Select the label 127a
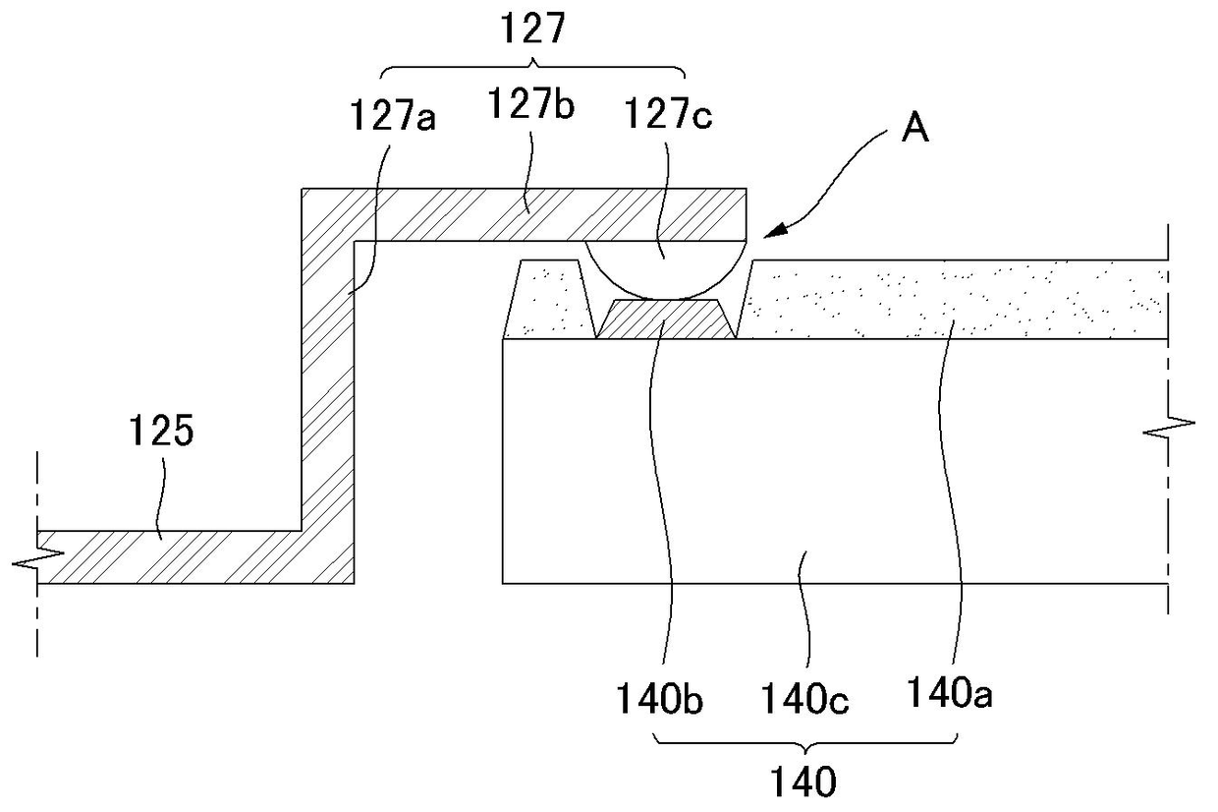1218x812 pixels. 393,119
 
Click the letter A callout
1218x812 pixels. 914,128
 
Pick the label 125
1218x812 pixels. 162,432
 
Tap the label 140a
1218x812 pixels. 949,696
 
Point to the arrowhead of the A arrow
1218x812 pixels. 772,231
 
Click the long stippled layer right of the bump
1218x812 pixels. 953,299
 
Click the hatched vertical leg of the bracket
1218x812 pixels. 328,393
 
